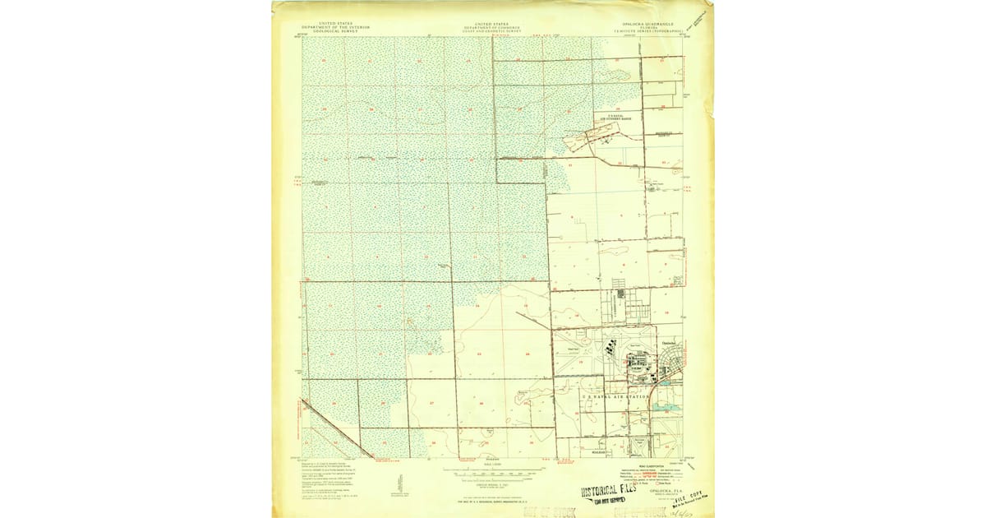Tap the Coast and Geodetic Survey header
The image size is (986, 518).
(x=492, y=28)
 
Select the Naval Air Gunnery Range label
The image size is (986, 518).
(x=621, y=118)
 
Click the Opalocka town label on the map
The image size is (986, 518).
(x=669, y=343)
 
